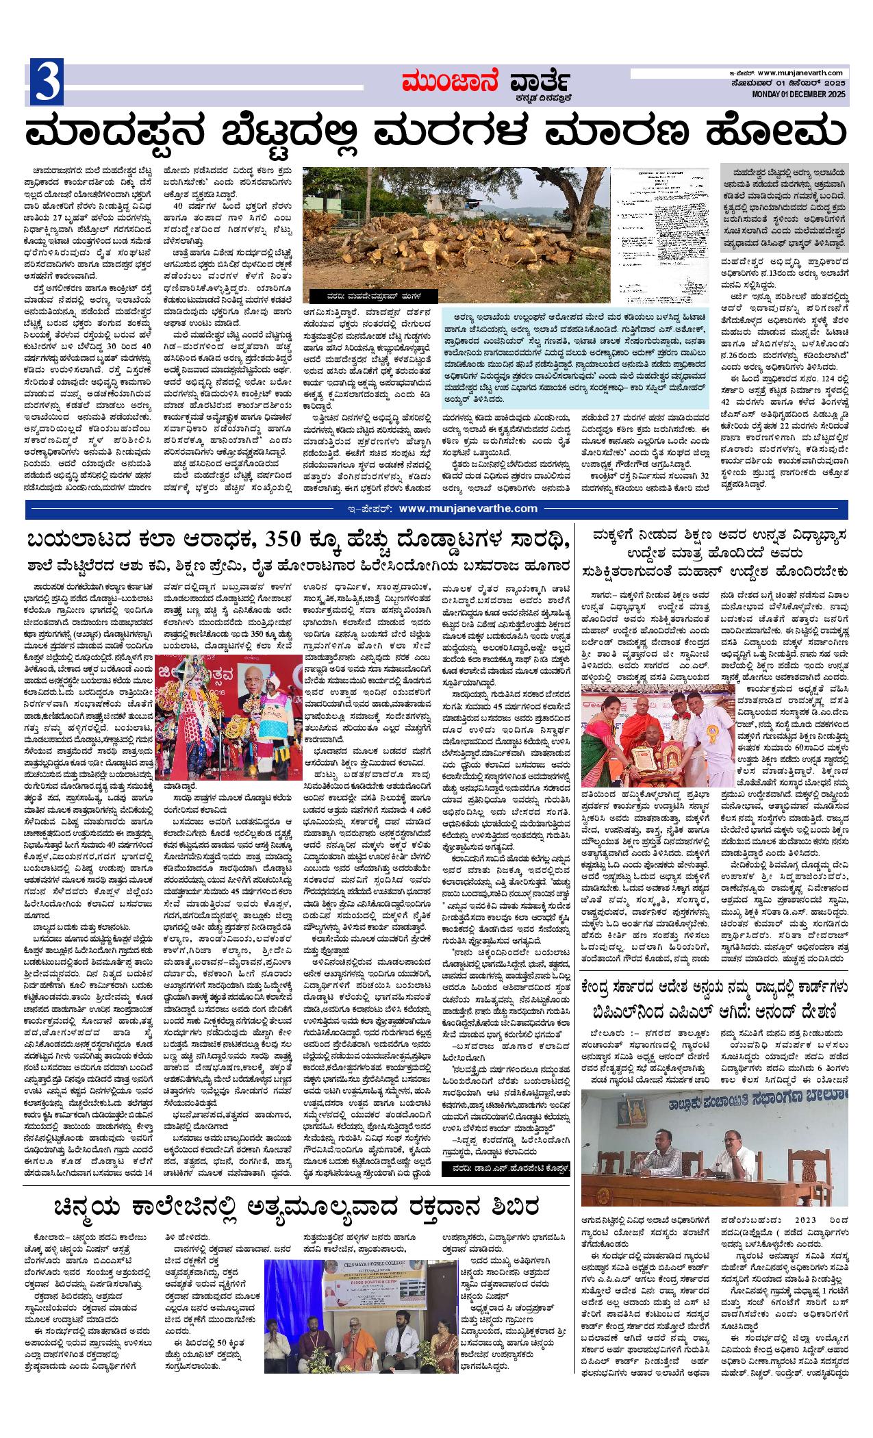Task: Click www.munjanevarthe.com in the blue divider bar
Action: click(468, 508)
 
